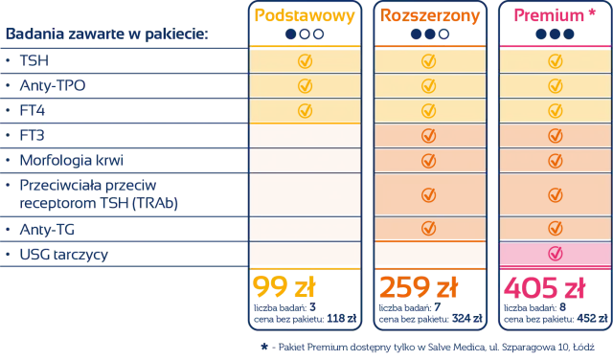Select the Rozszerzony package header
coord(429,16)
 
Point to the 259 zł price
coord(411,287)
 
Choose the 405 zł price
coord(536,287)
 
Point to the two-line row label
coord(86,193)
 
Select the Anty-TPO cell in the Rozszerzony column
coord(429,85)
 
